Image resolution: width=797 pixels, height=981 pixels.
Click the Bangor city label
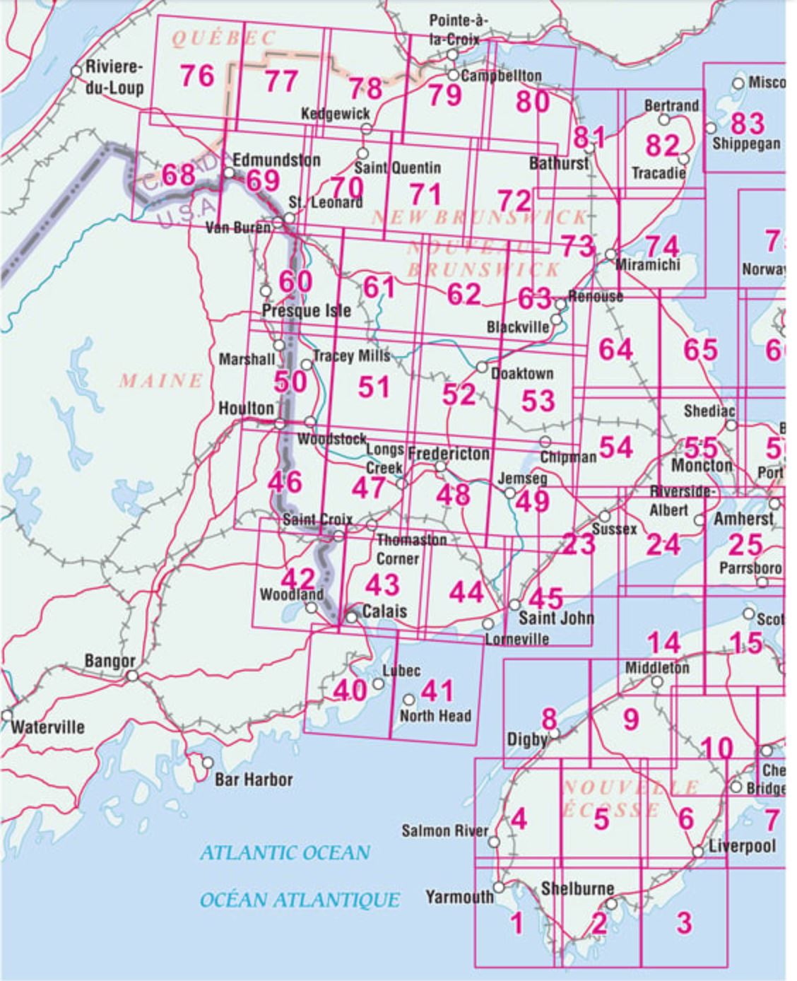[110, 661]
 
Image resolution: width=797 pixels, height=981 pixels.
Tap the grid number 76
[197, 76]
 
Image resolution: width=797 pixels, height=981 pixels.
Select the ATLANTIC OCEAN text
[285, 852]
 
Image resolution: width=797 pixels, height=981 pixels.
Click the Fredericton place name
[449, 454]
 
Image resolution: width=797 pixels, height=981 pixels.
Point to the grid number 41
[437, 690]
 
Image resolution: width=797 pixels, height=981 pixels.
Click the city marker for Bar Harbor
[208, 763]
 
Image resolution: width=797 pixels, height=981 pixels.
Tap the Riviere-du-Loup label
[114, 78]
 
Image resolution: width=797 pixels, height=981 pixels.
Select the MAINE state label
[160, 381]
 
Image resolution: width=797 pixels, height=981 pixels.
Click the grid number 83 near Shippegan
[748, 123]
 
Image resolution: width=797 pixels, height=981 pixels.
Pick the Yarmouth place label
[459, 897]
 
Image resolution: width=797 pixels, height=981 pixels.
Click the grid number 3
[683, 922]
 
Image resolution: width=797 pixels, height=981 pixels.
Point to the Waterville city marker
[6, 715]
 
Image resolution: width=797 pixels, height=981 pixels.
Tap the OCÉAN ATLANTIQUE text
[300, 900]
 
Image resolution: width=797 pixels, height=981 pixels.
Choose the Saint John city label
[556, 618]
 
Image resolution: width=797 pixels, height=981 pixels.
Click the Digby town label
[527, 740]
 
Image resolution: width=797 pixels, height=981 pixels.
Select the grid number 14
[663, 642]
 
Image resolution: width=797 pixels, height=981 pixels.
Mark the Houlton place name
[246, 409]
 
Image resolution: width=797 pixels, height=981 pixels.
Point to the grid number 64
[615, 349]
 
